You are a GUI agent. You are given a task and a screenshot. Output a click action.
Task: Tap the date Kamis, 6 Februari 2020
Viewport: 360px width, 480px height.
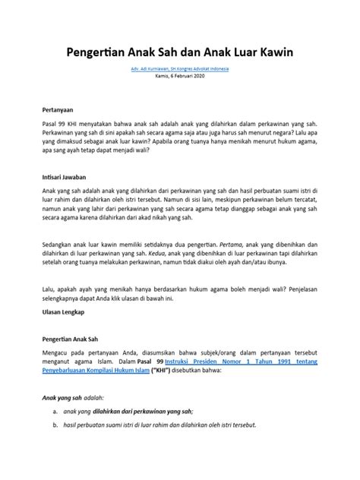click(x=180, y=76)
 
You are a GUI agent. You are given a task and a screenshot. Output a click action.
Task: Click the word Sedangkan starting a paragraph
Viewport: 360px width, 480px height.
click(x=63, y=234)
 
